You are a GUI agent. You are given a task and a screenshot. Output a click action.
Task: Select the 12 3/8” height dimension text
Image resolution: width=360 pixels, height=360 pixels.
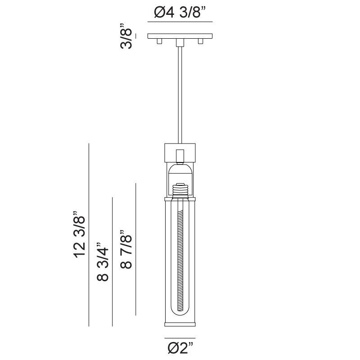(80, 234)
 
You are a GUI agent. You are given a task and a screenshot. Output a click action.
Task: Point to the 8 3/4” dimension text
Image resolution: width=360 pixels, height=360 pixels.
(103, 264)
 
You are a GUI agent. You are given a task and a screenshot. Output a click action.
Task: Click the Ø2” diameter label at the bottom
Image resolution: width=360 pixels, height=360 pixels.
(180, 348)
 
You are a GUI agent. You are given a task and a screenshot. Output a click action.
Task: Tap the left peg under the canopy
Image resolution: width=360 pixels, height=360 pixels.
(159, 41)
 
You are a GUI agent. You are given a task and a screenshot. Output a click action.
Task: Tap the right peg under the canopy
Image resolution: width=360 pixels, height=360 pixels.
(201, 41)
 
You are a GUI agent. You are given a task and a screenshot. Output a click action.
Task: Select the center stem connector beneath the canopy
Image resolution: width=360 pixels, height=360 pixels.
(180, 42)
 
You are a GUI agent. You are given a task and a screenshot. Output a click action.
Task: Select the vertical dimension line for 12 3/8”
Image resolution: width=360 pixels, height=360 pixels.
(89, 234)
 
